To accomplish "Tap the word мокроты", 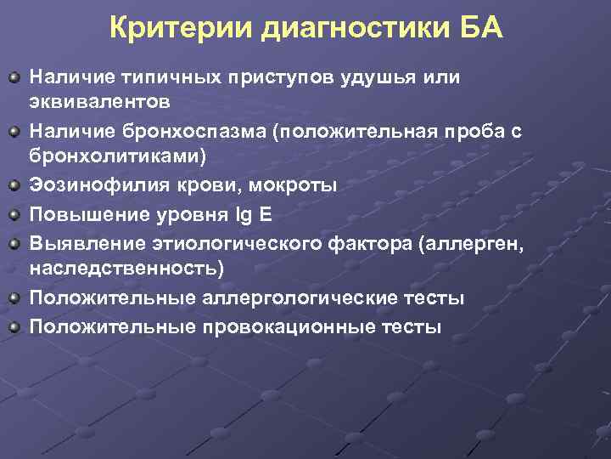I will pos(294,184).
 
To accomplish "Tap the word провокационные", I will pos(276,327).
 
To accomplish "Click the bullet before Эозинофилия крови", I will pos(14,184).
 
